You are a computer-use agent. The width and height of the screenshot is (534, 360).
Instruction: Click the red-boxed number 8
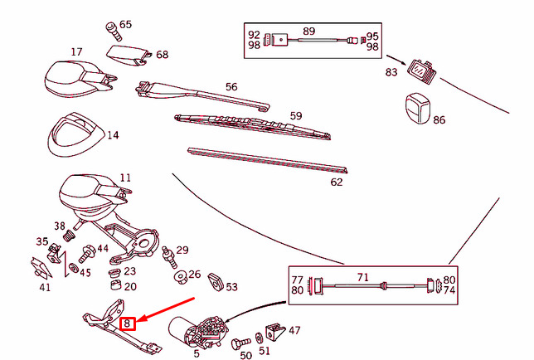(x=128, y=324)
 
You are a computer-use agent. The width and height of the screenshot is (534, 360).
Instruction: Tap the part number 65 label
(x=125, y=25)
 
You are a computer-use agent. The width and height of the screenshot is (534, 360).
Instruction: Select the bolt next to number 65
(x=114, y=31)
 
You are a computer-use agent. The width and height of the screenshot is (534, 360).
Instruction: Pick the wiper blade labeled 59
(x=252, y=126)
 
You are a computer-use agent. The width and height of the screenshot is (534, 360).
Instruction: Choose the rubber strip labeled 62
(x=267, y=160)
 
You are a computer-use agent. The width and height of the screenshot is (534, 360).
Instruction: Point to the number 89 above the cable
(x=309, y=31)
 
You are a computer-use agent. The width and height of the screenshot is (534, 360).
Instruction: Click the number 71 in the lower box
(x=363, y=277)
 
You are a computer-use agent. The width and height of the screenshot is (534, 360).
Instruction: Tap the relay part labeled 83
(x=422, y=71)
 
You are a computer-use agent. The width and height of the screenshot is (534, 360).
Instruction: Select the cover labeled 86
(x=418, y=109)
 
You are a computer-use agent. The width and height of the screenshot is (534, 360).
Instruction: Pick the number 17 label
(x=76, y=51)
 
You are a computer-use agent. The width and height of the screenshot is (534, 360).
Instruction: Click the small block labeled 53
(x=216, y=282)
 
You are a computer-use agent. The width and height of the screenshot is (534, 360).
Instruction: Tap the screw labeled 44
(x=87, y=253)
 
